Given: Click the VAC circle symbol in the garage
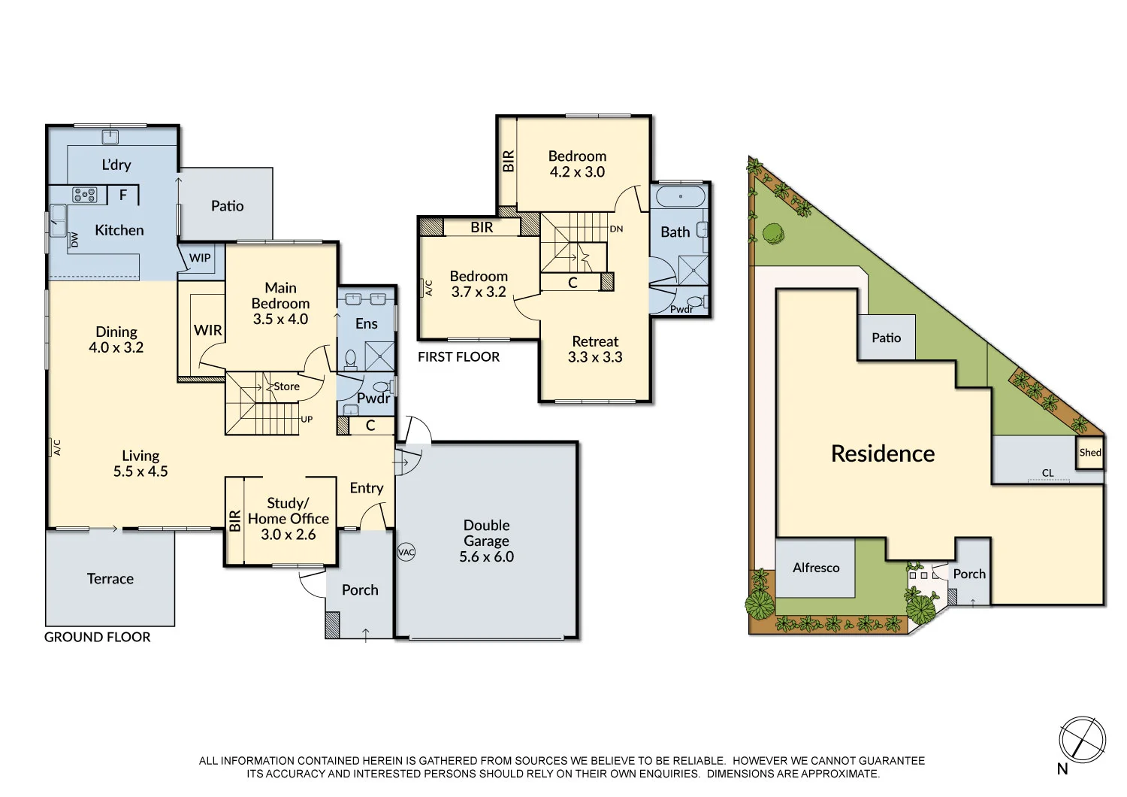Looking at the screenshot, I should click(406, 552).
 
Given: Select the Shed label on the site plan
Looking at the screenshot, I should click(1089, 453).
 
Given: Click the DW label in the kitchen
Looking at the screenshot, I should click(74, 240).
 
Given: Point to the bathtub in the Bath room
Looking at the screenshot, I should click(680, 197).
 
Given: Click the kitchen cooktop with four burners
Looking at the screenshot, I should click(84, 195).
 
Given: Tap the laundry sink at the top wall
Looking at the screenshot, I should click(110, 136).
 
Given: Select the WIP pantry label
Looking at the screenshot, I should click(200, 258).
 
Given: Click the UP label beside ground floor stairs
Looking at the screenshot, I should click(307, 420).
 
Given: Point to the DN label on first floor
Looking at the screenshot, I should click(616, 229).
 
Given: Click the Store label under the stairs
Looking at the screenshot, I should click(286, 386).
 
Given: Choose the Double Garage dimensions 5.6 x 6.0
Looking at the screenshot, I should click(486, 557).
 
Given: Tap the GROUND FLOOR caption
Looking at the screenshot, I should click(98, 637).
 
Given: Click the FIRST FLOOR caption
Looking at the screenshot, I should click(458, 357).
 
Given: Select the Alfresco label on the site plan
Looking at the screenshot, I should click(816, 568).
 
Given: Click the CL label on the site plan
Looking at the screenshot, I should click(1047, 473).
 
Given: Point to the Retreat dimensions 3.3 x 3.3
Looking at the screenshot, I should click(595, 357).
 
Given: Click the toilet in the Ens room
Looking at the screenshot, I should click(350, 359).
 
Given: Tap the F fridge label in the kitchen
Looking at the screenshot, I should click(123, 195).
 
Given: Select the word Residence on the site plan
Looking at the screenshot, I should click(883, 453).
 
